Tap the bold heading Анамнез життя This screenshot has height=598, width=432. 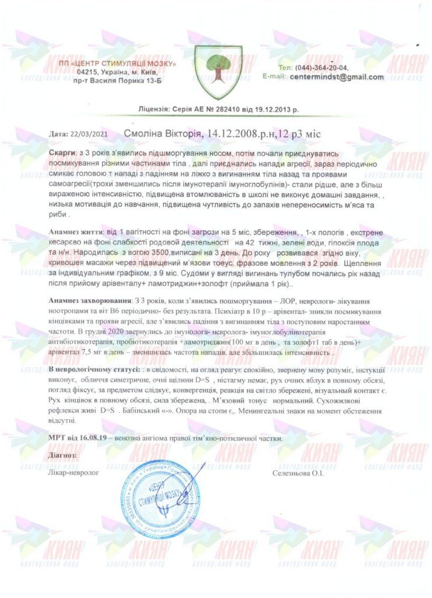pos(73,232)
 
